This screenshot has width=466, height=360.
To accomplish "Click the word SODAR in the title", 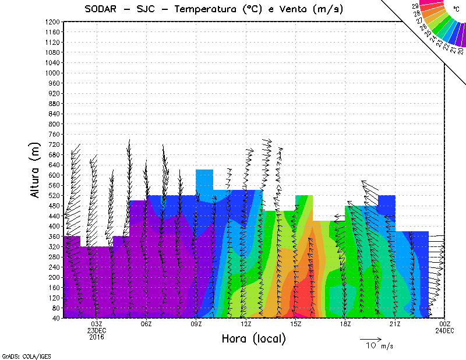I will pyautogui.click(x=103, y=9).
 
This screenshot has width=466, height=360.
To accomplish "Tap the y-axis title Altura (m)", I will pyautogui.click(x=37, y=169).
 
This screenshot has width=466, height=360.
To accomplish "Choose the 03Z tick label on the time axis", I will pyautogui.click(x=97, y=324).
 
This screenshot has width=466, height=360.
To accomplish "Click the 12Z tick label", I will pyautogui.click(x=246, y=324).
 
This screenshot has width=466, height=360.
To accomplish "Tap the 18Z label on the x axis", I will pyautogui.click(x=345, y=324).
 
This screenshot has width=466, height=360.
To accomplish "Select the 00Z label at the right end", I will pyautogui.click(x=445, y=324).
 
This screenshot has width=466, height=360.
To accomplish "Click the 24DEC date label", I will pyautogui.click(x=445, y=330).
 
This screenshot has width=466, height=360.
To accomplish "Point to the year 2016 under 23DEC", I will pyautogui.click(x=97, y=337).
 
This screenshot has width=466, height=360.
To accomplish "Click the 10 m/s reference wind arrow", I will pyautogui.click(x=370, y=338).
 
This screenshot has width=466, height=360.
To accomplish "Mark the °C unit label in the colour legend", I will pyautogui.click(x=456, y=9).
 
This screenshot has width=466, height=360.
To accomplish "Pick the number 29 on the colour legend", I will pyautogui.click(x=415, y=6).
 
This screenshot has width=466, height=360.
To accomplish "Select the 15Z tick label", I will pyautogui.click(x=296, y=324).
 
